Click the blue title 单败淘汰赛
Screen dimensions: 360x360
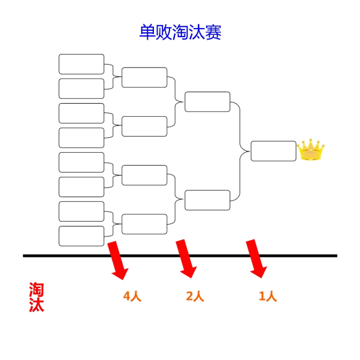180,32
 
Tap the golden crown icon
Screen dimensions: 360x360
310,150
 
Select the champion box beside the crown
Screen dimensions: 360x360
273,151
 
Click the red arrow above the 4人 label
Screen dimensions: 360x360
118,260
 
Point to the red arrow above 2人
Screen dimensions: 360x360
186,259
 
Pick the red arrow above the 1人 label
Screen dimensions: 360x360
256,259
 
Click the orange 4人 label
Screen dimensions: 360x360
132,296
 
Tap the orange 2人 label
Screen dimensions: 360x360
195,296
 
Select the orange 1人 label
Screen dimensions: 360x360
268,296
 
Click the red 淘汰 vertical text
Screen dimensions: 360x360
37,297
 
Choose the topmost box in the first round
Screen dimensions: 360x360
81,64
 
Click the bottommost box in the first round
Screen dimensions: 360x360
81,236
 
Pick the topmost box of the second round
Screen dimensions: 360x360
145,78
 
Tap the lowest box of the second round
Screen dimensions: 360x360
145,224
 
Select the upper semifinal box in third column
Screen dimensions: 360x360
207,102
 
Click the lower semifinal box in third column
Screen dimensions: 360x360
207,200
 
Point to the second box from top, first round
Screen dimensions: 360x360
81,89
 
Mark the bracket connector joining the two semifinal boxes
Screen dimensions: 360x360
240,151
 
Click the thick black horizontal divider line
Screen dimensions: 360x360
180,256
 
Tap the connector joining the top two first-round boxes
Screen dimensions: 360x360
113,76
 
